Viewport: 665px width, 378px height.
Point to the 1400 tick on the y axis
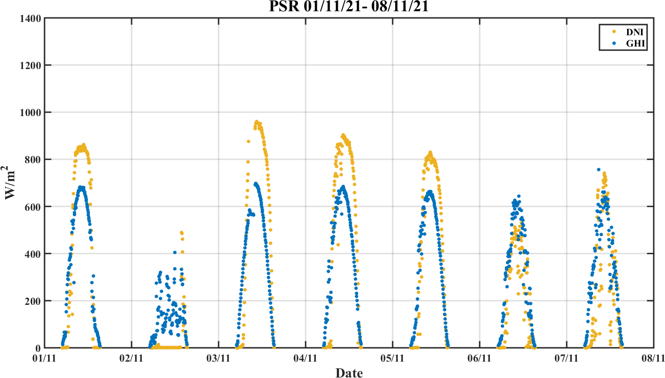(30, 18)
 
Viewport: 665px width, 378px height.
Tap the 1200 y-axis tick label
(30, 65)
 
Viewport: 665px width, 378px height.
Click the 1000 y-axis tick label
(30, 113)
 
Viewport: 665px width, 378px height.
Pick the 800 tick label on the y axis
(33, 160)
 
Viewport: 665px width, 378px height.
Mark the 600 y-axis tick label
(33, 207)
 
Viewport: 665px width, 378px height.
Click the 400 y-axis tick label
(33, 254)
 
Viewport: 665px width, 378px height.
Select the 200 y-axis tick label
(33, 301)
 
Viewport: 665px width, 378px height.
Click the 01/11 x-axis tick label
(45, 358)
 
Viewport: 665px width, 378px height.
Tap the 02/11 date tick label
(132, 358)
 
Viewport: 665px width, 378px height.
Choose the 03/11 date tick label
(219, 358)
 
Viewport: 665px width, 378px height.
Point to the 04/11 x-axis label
(306, 358)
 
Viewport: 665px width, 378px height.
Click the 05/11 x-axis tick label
(393, 358)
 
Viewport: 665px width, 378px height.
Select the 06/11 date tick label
(480, 358)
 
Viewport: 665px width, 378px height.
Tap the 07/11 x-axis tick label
(567, 358)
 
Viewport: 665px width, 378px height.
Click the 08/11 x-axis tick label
(653, 358)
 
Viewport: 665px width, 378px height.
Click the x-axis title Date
(349, 372)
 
